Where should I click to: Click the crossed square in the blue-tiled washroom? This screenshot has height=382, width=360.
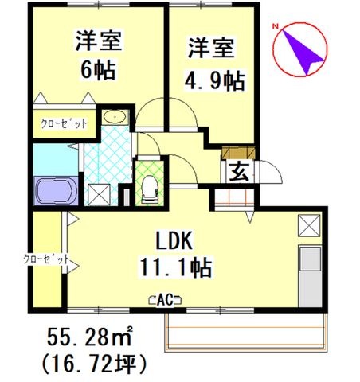point(100,193)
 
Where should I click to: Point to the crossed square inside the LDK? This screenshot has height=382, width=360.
point(308,226)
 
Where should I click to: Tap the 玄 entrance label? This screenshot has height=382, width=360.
point(239,170)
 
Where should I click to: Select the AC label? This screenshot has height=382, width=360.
point(166,299)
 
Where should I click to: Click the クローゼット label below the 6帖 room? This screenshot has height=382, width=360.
point(65,123)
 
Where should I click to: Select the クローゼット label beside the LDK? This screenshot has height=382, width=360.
point(46,259)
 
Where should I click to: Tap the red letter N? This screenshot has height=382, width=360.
point(274,27)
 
